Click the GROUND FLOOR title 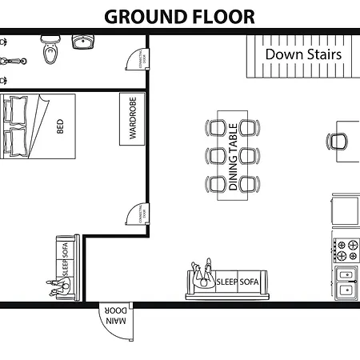[180, 16]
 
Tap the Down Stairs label [303, 55]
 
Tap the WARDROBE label [132, 119]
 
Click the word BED [60, 126]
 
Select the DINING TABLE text [233, 157]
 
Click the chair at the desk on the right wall [338, 142]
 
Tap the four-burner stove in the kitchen [346, 250]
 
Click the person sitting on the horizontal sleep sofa [204, 275]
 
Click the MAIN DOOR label [117, 318]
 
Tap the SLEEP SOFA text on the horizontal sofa [238, 282]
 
